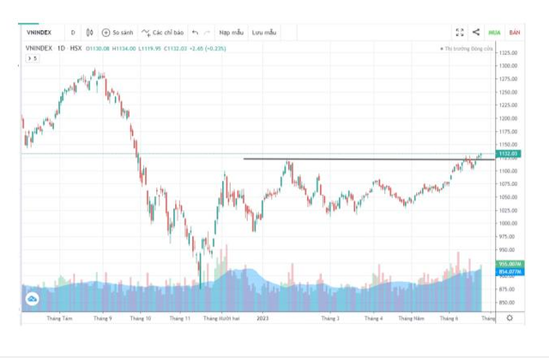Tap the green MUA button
pyautogui.click(x=495, y=33)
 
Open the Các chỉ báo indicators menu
pyautogui.click(x=163, y=33)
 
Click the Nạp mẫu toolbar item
pyautogui.click(x=231, y=33)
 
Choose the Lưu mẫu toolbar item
pyautogui.click(x=264, y=33)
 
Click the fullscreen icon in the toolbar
pyautogui.click(x=460, y=33)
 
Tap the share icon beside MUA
pyautogui.click(x=476, y=33)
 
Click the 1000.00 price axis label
pyautogui.click(x=508, y=223)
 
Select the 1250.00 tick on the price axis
pyautogui.click(x=508, y=92)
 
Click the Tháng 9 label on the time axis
pyautogui.click(x=103, y=318)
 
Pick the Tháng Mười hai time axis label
pyautogui.click(x=220, y=318)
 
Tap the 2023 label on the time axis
pyautogui.click(x=263, y=318)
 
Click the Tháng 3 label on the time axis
pyautogui.click(x=330, y=318)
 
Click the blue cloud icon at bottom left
pyautogui.click(x=33, y=298)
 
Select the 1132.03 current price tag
pyautogui.click(x=508, y=154)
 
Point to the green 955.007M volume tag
pyautogui.click(x=508, y=264)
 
